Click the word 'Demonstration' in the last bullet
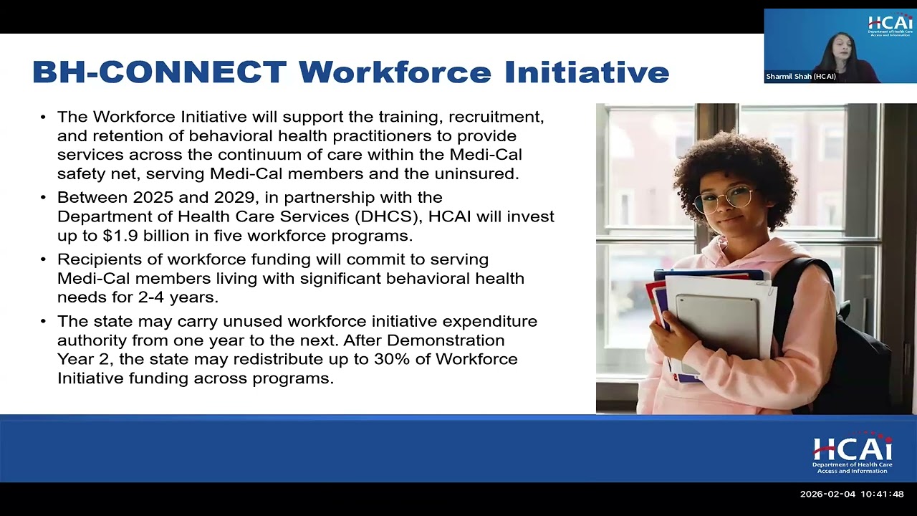coord(446,340)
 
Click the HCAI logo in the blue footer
coord(853,453)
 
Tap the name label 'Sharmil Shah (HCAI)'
coord(801,77)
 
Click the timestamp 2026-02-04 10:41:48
coord(852,494)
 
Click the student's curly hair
coord(731,154)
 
